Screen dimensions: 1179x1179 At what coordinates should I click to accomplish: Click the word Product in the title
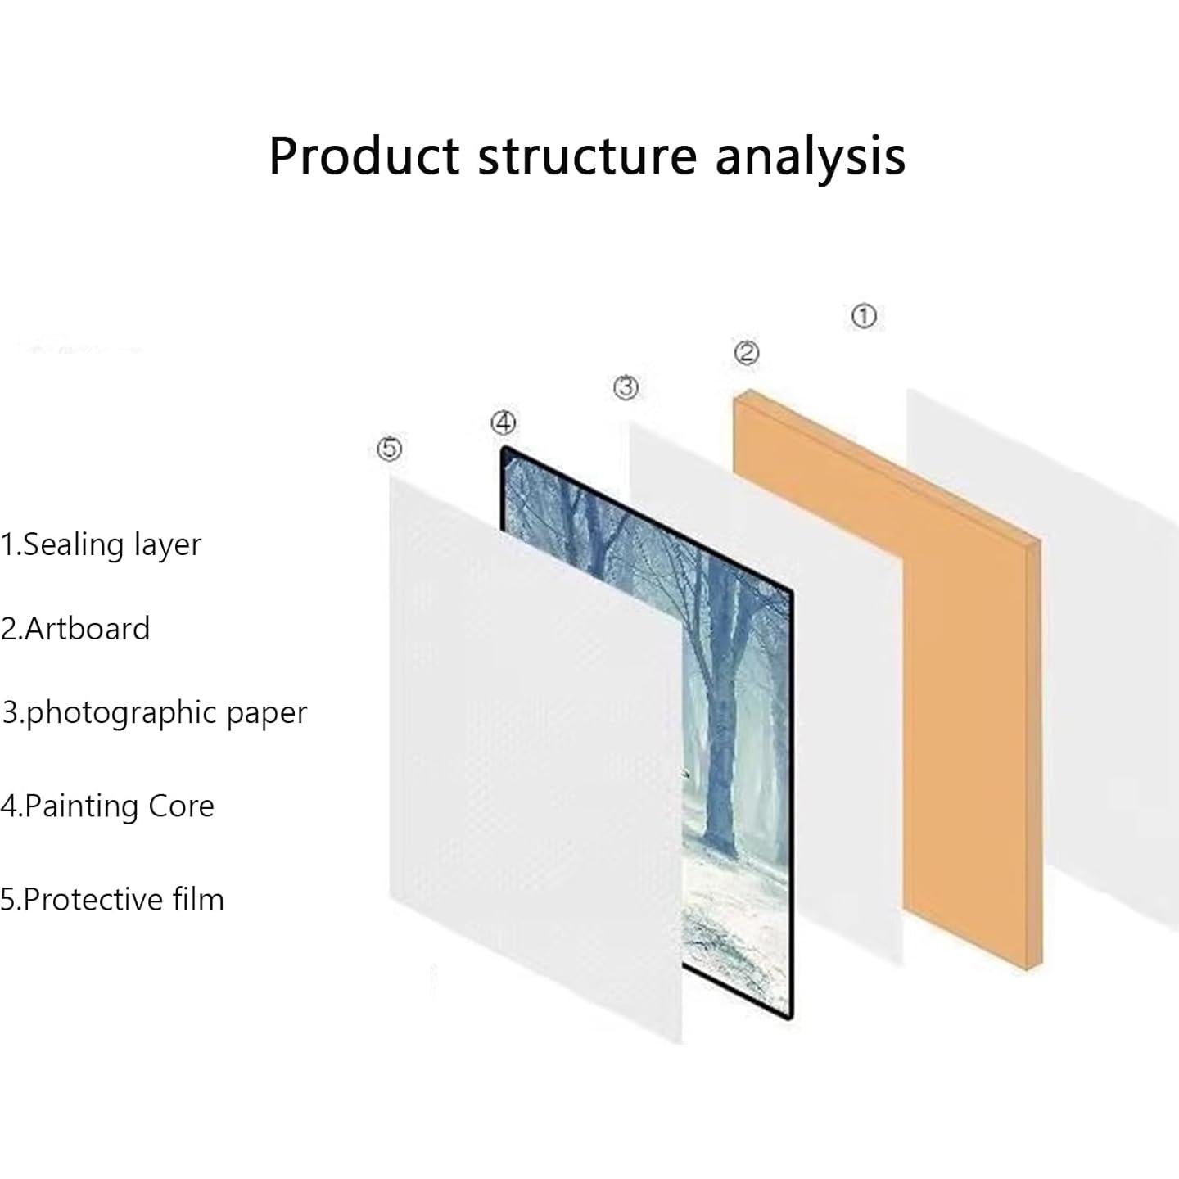pyautogui.click(x=364, y=156)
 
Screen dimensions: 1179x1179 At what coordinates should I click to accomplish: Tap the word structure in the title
pyautogui.click(x=587, y=157)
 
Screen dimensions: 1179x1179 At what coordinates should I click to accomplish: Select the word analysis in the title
pyautogui.click(x=810, y=160)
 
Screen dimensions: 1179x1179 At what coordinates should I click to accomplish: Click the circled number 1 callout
pyautogui.click(x=864, y=316)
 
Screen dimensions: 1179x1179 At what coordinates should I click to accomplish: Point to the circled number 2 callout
pyautogui.click(x=747, y=352)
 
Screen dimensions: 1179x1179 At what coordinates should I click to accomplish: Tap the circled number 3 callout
pyautogui.click(x=626, y=387)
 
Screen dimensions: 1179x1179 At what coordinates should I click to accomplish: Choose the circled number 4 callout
pyautogui.click(x=504, y=422)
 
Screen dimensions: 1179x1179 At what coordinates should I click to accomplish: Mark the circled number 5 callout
pyautogui.click(x=389, y=449)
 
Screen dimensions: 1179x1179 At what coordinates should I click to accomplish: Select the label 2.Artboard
pyautogui.click(x=75, y=629)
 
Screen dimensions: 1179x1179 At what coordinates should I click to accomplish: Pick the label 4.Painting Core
pyautogui.click(x=107, y=806)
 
